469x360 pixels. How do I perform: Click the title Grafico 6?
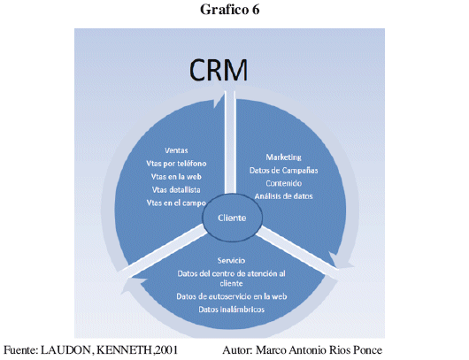[x=229, y=10]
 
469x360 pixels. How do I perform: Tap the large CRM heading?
[x=219, y=70]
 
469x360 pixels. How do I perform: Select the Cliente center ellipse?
[x=232, y=218]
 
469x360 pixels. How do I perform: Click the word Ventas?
[x=176, y=150]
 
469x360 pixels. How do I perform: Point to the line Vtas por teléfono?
[x=176, y=164]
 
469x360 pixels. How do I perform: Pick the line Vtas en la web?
[x=176, y=176]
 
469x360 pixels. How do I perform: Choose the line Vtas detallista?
[x=176, y=189]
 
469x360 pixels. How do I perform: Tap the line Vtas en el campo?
[x=176, y=203]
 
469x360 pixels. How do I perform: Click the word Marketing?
[x=283, y=157]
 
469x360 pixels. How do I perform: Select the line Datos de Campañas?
[x=283, y=170]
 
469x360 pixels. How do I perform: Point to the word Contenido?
[x=283, y=183]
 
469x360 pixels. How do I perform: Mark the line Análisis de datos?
[x=283, y=196]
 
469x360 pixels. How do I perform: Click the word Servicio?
[x=231, y=260]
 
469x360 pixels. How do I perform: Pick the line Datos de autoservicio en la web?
[x=232, y=296]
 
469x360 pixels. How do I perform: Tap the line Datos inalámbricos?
[x=232, y=310]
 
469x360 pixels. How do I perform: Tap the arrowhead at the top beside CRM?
[x=219, y=100]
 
